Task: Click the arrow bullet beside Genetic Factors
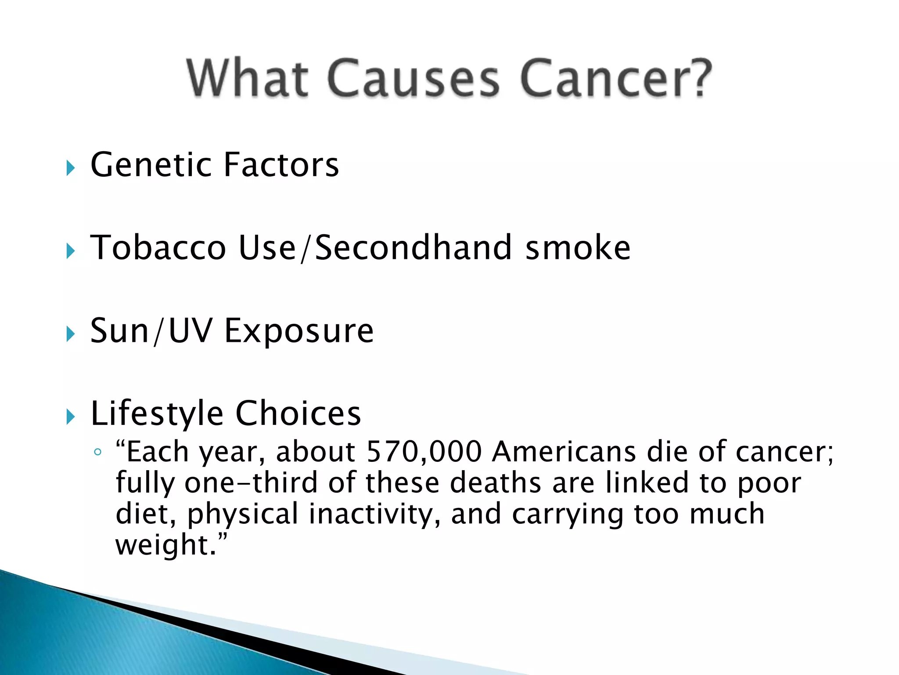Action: tap(71, 168)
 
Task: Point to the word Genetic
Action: tap(151, 165)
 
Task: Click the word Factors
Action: tap(281, 165)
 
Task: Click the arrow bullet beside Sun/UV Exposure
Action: tap(71, 334)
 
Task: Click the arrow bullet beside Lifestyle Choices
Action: tap(71, 417)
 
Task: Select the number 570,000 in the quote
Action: tap(424, 452)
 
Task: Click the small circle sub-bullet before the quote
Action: tap(98, 452)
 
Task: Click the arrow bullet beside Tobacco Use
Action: tap(71, 251)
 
